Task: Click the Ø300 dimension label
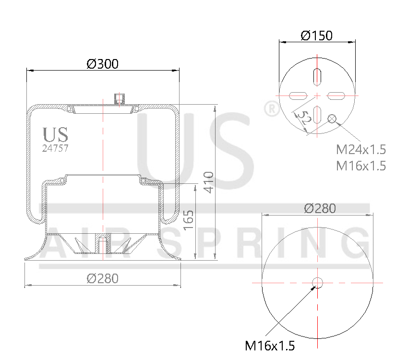[102, 63]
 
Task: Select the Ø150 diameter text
[317, 36]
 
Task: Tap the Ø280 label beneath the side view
[102, 278]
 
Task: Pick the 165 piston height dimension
[189, 220]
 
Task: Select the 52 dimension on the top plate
[303, 118]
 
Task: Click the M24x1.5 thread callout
[361, 149]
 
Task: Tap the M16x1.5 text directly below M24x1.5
[361, 166]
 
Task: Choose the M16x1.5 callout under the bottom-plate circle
[270, 345]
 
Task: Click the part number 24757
[55, 148]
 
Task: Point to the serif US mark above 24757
[55, 135]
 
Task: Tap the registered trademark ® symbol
[272, 109]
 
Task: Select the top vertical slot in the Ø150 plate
[317, 76]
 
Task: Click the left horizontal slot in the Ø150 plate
[298, 95]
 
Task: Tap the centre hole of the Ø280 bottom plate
[317, 282]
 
